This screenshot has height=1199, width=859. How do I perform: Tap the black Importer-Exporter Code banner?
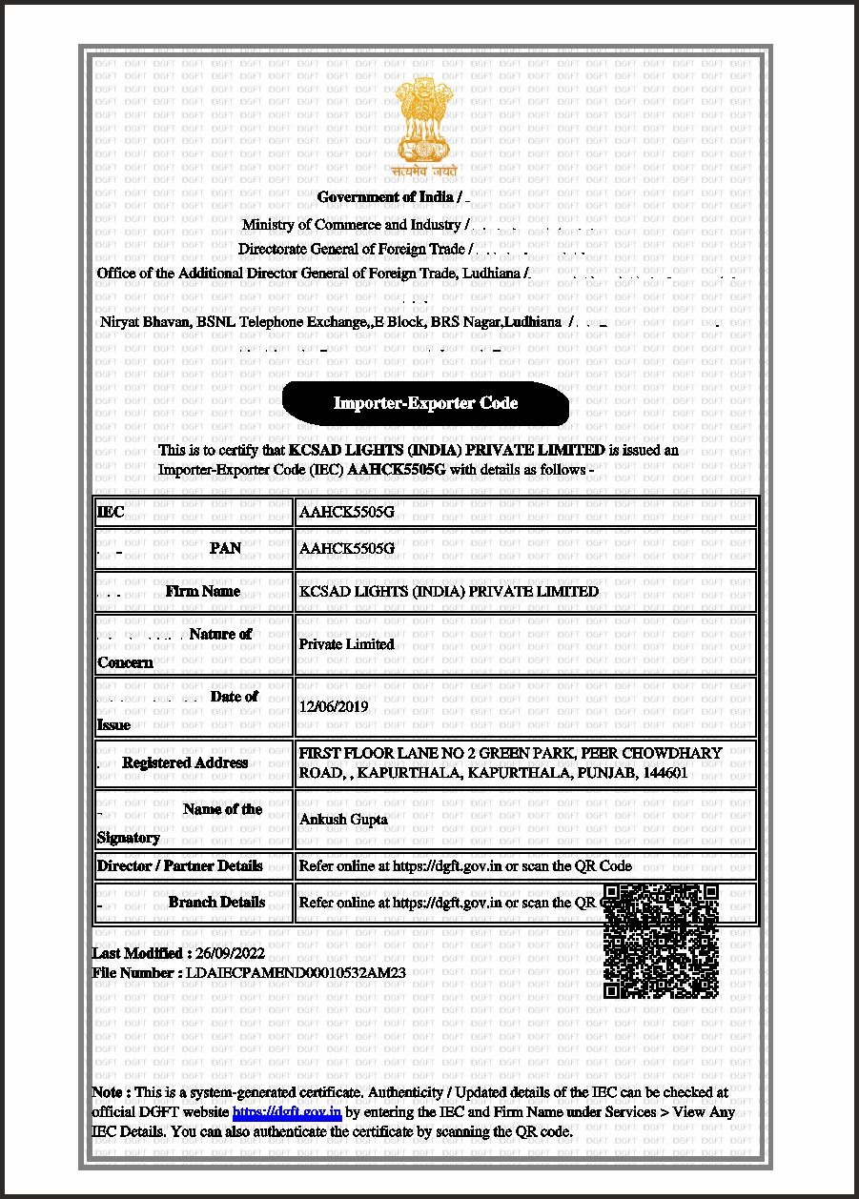[425, 403]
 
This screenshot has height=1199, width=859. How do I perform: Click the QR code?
[661, 942]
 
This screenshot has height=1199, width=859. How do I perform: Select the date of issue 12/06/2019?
[333, 707]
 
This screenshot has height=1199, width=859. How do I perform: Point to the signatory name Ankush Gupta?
[343, 819]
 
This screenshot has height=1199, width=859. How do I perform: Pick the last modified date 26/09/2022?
[230, 953]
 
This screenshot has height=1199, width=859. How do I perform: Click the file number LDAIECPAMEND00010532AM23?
[297, 973]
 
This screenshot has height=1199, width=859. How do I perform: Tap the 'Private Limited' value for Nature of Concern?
[346, 644]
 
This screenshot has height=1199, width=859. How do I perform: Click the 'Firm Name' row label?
[202, 591]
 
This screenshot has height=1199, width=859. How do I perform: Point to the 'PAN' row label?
[225, 549]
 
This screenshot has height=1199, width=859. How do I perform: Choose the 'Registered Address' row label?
[185, 762]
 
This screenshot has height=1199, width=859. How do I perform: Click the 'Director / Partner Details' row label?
[179, 866]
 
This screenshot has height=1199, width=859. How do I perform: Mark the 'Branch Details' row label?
[216, 902]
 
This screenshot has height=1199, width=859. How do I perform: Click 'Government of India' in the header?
[385, 197]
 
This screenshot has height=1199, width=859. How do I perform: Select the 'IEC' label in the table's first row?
[111, 513]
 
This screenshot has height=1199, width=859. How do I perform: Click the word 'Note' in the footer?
[106, 1092]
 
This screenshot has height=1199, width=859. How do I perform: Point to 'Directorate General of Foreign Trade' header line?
[352, 249]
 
